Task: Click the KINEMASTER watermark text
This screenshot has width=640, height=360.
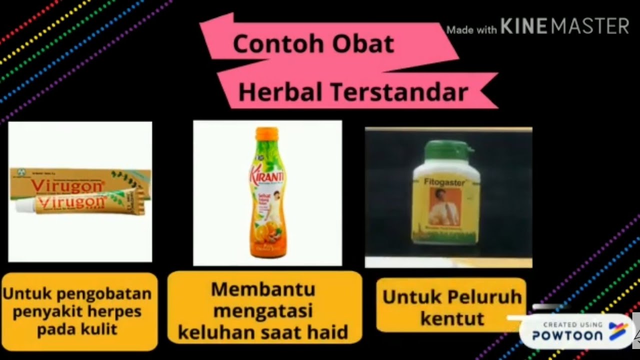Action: [x=564, y=26]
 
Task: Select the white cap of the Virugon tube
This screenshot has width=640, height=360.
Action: [x=22, y=205]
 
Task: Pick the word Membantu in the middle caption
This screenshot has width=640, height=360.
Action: [x=263, y=289]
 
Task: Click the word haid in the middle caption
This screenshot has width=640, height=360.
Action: [x=328, y=332]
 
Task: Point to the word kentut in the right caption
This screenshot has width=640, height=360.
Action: [x=452, y=318]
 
